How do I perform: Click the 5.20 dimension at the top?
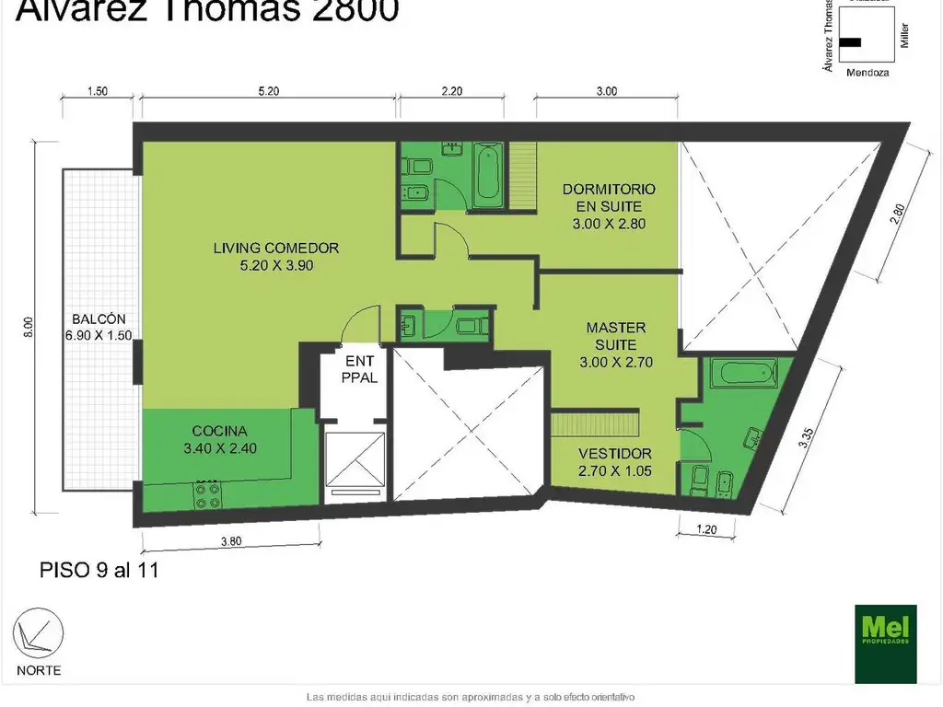(268, 91)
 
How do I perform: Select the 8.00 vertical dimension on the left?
(29, 326)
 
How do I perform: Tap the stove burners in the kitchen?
(206, 496)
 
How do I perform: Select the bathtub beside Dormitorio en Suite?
(488, 174)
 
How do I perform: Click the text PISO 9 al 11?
(99, 570)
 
